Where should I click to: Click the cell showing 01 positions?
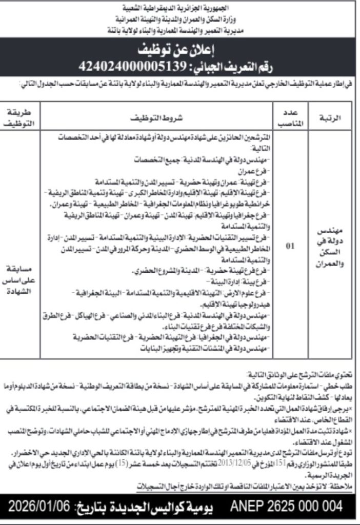tap(290, 246)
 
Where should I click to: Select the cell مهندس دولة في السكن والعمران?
tap(330, 246)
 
